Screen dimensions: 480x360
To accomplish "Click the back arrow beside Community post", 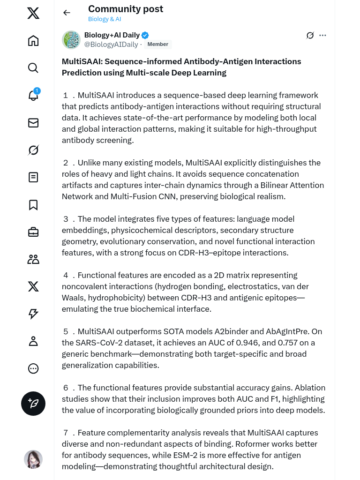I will [67, 13].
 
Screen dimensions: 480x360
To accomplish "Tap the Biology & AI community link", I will [105, 19].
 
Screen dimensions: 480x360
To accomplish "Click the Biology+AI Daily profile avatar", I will [71, 40].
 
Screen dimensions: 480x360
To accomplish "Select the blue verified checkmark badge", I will [145, 35].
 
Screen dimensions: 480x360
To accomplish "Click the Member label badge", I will [157, 44].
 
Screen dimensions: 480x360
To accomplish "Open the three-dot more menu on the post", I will [322, 35].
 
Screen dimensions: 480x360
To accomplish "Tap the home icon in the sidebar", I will [33, 41].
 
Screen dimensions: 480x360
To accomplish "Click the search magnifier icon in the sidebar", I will [33, 68].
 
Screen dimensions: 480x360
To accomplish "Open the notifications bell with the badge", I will [33, 95].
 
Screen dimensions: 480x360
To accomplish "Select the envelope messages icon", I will [33, 123].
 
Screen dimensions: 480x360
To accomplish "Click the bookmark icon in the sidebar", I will [33, 205].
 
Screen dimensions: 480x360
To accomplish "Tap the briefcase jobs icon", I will [33, 232].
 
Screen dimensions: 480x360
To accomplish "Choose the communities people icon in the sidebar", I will [33, 259].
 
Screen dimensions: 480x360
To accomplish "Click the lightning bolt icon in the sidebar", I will [33, 314].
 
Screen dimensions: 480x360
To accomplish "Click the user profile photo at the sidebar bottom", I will [33, 459].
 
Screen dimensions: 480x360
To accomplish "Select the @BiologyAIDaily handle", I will [111, 45].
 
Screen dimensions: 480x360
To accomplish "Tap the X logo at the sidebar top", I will [33, 13].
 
